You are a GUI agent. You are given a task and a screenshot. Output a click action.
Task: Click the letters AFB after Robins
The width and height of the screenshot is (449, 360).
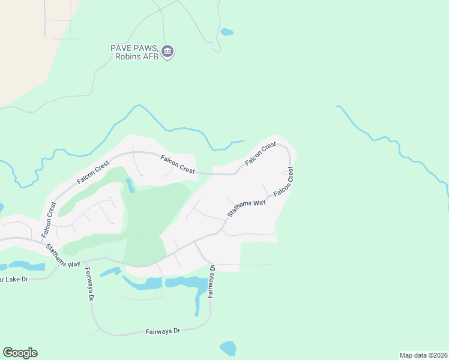point(149,57)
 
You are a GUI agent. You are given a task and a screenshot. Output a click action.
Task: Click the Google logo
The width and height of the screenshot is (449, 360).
point(20,353)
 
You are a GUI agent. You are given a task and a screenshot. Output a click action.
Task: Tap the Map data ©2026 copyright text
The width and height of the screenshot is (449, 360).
point(423,355)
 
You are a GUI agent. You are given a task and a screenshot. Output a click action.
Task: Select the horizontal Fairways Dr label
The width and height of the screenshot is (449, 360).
point(163,331)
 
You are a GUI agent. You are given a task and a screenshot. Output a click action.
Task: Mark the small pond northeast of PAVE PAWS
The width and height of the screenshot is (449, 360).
point(227,32)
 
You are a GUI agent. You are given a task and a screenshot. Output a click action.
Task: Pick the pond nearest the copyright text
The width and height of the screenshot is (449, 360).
point(228,348)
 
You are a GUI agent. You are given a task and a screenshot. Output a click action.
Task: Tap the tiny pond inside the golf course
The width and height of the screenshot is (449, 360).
point(130,186)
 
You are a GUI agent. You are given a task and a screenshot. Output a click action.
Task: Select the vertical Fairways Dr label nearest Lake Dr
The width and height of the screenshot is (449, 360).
point(88,284)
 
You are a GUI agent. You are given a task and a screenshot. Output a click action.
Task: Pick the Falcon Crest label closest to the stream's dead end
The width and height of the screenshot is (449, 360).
point(260,154)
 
